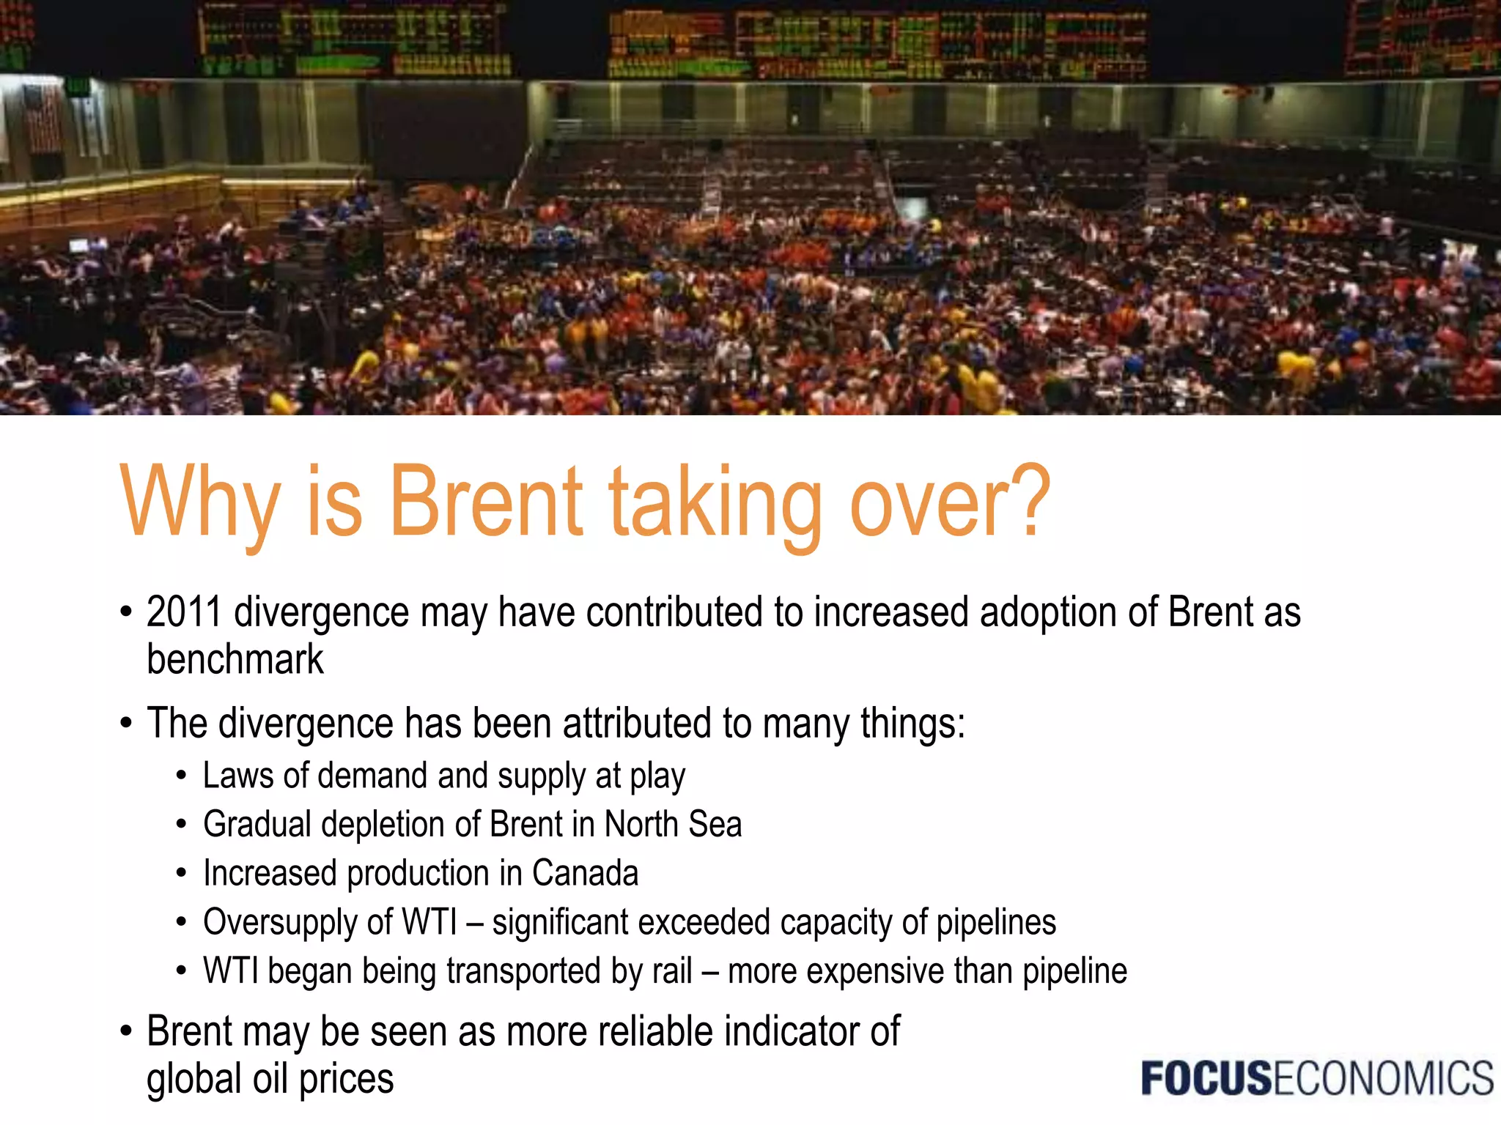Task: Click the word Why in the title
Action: [x=199, y=504]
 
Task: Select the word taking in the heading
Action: [x=715, y=505]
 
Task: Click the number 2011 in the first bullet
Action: [x=183, y=612]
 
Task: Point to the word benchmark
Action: [x=235, y=659]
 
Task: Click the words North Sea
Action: [x=673, y=824]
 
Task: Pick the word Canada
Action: [x=585, y=873]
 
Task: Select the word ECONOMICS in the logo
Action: [x=1382, y=1079]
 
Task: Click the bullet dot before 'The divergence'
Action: [x=126, y=724]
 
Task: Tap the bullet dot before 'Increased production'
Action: [x=181, y=874]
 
